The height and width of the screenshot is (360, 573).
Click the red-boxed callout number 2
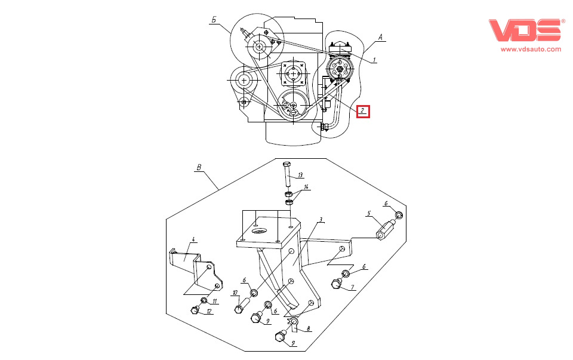point(363,110)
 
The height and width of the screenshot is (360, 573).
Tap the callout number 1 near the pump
point(374,59)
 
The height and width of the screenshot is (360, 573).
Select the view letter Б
point(214,20)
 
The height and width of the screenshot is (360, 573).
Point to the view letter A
point(380,36)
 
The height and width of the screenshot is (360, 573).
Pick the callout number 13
point(300,175)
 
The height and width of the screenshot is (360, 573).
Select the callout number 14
point(306,187)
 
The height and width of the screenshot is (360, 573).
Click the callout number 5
point(369,213)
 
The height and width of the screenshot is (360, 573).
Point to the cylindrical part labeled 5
point(387,227)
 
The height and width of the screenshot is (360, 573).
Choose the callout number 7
point(352,287)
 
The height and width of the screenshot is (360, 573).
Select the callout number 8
point(308,328)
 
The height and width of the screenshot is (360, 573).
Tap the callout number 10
point(235,293)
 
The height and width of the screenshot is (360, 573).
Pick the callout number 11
point(215,301)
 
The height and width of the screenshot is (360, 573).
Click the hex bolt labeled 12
point(195,309)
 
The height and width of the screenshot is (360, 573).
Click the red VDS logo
point(525,30)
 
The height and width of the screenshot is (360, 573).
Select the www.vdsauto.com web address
point(531,50)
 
